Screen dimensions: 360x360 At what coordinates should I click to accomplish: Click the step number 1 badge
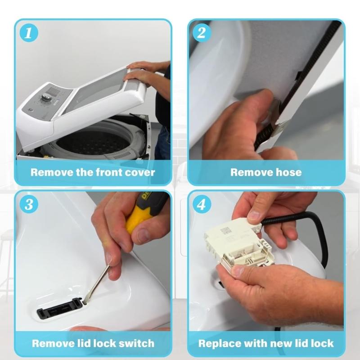pos(29,34)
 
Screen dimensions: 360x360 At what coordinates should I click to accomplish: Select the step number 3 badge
pos(29,205)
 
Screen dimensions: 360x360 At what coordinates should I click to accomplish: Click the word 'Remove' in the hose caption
pos(250,172)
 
